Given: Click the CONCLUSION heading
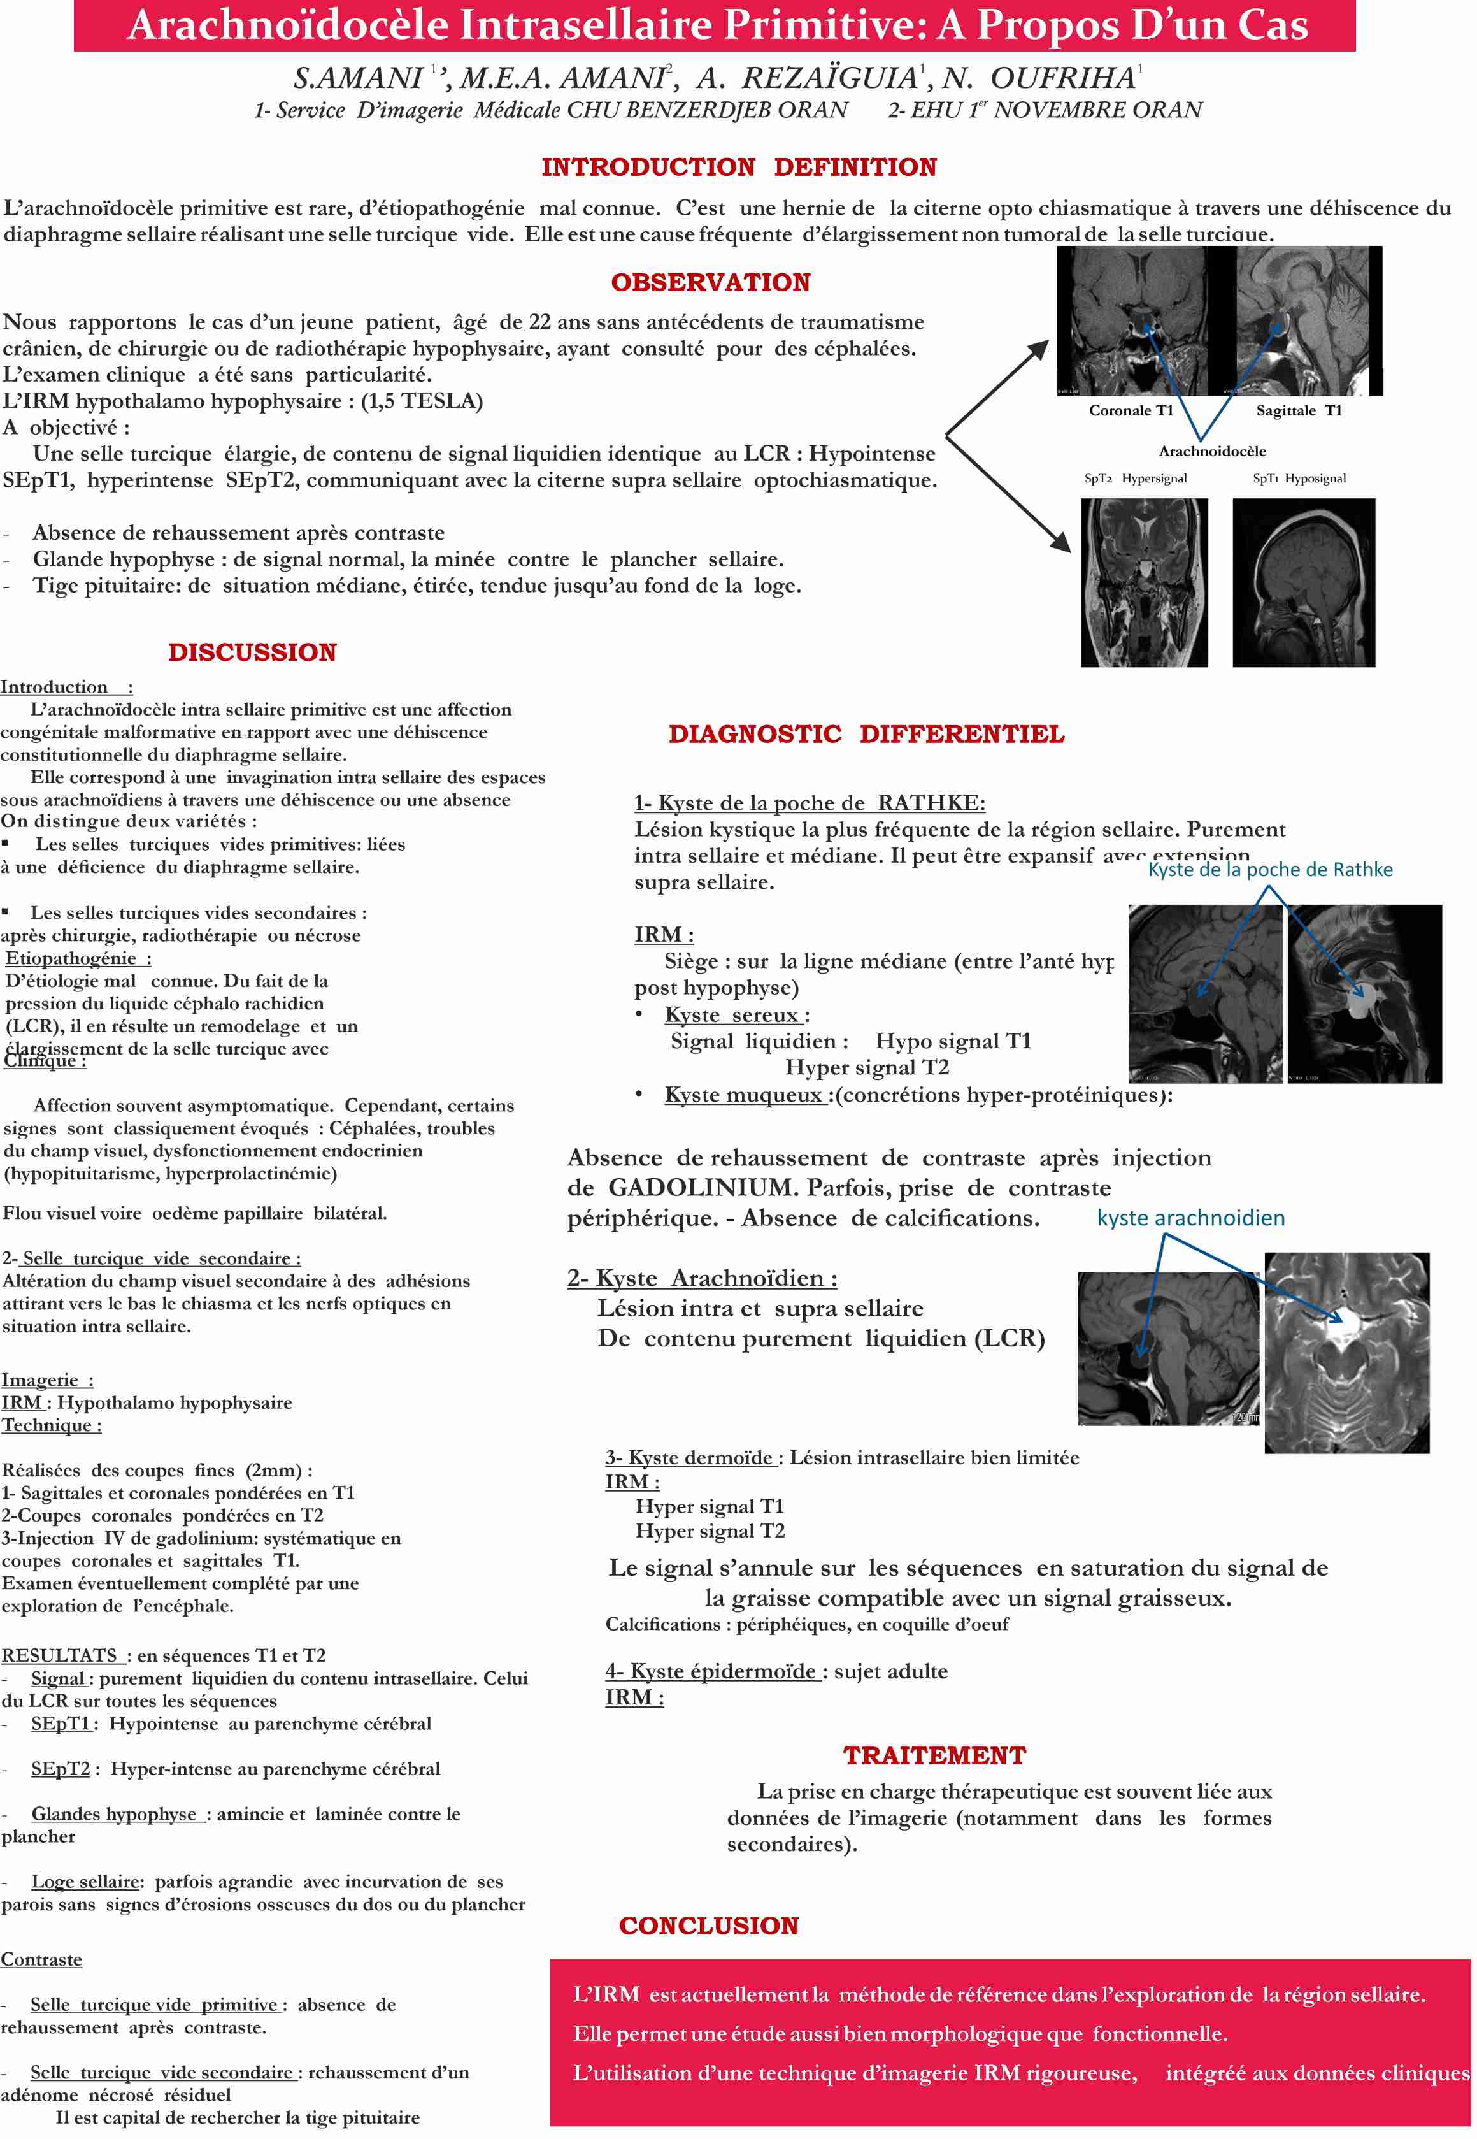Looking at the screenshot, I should pyautogui.click(x=708, y=1925).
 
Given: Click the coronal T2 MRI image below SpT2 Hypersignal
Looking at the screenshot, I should pyautogui.click(x=1144, y=582).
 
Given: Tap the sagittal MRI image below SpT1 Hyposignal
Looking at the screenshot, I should pyautogui.click(x=1303, y=582).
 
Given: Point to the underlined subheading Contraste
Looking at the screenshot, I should pyautogui.click(x=41, y=1959).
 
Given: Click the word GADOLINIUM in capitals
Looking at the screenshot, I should pyautogui.click(x=703, y=1188).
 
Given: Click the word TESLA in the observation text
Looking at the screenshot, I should pyautogui.click(x=437, y=401).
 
